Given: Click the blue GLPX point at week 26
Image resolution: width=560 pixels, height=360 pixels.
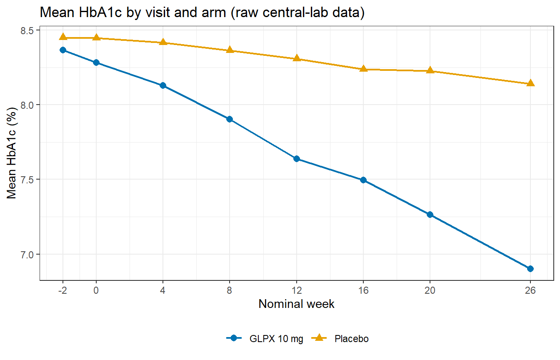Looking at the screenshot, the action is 530,269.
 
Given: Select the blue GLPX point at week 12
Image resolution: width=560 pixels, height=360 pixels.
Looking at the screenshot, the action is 297,159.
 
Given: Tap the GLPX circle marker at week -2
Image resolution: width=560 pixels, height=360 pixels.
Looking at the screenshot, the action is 63,50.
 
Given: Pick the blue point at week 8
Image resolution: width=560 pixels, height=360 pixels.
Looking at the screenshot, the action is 230,119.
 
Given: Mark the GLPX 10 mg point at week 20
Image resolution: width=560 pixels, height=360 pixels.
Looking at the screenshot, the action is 430,215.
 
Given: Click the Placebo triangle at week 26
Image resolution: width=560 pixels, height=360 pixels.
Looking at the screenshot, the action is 530,83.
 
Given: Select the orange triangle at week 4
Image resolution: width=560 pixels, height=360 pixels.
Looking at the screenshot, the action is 163,42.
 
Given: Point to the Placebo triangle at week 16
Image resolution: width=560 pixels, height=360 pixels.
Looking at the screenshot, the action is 363,68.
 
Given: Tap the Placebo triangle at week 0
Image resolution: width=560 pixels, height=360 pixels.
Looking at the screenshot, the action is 96,37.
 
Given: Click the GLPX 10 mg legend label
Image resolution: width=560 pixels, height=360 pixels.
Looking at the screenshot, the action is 276,339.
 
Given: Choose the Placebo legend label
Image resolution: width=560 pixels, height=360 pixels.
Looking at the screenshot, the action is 352,339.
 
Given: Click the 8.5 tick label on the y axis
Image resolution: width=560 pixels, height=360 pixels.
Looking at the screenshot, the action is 27,30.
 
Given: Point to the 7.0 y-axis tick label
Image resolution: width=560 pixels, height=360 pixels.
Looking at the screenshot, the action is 27,255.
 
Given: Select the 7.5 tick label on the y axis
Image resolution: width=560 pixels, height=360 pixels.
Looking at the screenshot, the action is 27,180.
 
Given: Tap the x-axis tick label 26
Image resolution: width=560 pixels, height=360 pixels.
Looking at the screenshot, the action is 530,290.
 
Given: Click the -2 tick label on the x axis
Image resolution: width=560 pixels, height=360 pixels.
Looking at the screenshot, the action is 63,290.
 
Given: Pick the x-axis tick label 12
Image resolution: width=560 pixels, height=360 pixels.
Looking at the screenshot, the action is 297,290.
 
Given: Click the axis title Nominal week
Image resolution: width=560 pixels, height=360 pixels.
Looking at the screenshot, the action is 297,304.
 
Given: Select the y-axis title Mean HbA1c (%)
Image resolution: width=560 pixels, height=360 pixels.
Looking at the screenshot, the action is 12,153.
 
